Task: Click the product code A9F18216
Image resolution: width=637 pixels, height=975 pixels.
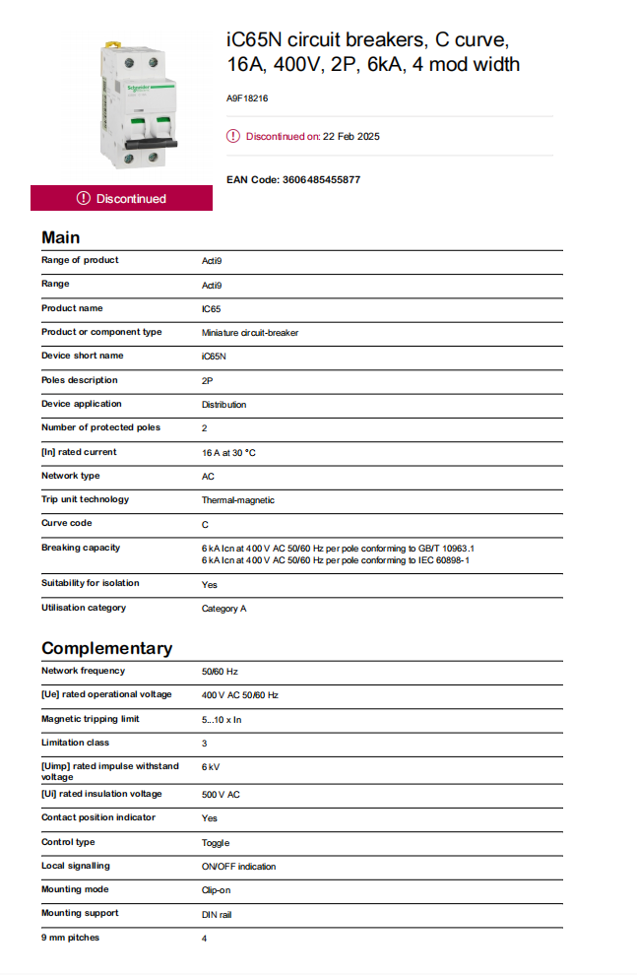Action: point(247,98)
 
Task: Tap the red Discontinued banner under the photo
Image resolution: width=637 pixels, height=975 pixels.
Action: point(121,198)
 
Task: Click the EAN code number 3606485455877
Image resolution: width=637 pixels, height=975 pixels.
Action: point(321,180)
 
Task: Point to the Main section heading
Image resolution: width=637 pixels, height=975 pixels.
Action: point(61,237)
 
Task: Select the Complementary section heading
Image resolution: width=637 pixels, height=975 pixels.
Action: point(106,648)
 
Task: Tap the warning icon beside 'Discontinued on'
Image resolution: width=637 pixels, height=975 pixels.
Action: point(232,136)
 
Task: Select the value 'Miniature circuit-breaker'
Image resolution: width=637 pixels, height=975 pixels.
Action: point(250,333)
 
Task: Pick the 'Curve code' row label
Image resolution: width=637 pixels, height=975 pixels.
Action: point(66,523)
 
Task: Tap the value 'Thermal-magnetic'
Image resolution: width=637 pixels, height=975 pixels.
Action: point(238,500)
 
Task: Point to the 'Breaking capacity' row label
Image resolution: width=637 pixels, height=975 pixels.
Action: point(80,548)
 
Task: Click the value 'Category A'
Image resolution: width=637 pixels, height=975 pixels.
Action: point(223,609)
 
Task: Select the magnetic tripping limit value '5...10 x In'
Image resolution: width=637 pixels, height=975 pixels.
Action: point(222,720)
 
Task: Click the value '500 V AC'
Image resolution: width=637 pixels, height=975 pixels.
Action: point(221,795)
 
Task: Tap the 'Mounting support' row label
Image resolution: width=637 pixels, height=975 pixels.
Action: point(74,913)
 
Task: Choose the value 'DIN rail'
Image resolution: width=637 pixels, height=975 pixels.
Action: point(217,915)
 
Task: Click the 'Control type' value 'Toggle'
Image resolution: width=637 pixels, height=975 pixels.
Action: point(216,843)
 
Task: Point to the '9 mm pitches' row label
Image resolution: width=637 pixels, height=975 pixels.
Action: point(70,938)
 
